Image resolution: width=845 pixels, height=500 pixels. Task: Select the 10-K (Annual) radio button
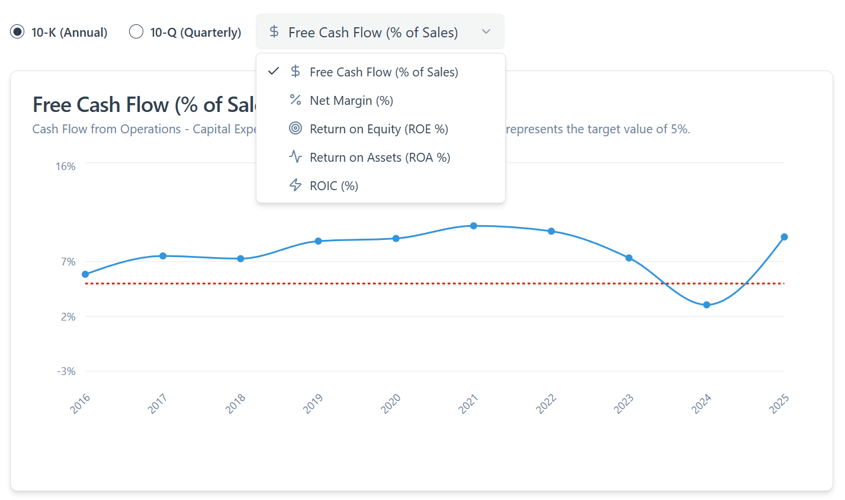(18, 32)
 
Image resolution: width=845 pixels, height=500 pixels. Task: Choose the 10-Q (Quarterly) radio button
(136, 32)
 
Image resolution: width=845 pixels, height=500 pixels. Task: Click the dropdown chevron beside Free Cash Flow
(486, 32)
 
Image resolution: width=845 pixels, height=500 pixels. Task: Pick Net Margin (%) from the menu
(351, 101)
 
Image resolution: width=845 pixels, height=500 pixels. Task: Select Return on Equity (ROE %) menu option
(378, 129)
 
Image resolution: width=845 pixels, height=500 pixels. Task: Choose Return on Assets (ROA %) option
(380, 158)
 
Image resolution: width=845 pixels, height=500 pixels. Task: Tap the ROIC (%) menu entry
(333, 186)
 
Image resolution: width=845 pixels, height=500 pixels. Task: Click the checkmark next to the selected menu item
(274, 72)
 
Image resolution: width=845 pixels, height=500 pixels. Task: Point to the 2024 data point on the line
(706, 305)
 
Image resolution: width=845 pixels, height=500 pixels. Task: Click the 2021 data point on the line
(474, 226)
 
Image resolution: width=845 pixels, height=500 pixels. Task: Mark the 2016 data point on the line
(85, 274)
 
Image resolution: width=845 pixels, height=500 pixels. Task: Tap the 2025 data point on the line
(784, 237)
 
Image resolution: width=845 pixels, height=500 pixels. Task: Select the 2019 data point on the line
(318, 241)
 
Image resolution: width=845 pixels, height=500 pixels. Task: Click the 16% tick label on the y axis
(66, 166)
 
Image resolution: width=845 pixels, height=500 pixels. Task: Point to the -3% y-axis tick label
(66, 371)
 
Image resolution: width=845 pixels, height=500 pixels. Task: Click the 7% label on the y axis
(69, 262)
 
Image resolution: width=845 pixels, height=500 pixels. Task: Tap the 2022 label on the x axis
(546, 403)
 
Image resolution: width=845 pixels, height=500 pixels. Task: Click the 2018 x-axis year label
(236, 403)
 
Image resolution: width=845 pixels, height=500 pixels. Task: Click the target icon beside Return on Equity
(295, 129)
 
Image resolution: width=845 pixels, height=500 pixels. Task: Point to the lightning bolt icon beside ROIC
(295, 185)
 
